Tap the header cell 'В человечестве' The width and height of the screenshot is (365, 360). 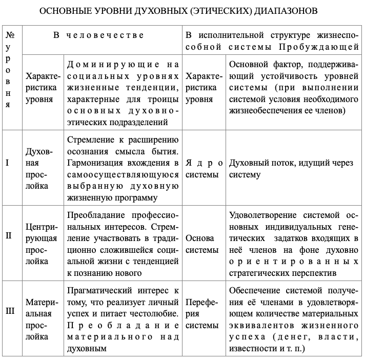point(98,35)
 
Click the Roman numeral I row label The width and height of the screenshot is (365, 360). point(7,163)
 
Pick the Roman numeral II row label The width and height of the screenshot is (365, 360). point(8,237)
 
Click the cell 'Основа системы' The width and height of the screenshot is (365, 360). point(200,244)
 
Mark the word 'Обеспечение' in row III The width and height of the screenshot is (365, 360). point(254,290)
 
